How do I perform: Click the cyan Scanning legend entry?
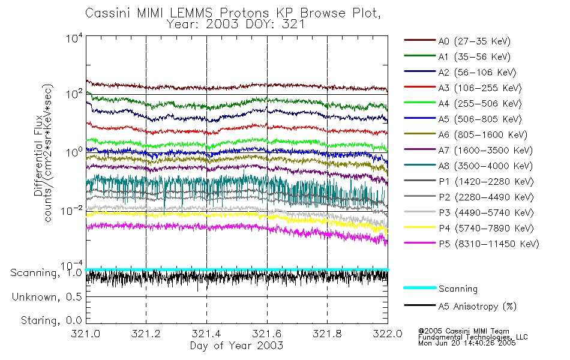click(458, 289)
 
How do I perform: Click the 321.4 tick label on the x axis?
click(206, 335)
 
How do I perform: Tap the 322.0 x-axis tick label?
click(388, 335)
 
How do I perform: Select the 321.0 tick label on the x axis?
click(85, 335)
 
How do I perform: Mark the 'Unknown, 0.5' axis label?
click(46, 297)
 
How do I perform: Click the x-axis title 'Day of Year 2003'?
click(236, 346)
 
